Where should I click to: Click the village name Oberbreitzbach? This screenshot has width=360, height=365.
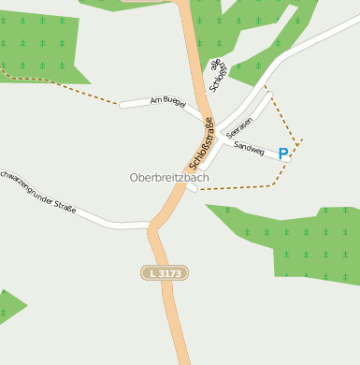pos(169,177)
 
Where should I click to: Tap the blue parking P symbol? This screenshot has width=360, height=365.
pos(283,153)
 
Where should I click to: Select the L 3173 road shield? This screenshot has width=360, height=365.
pos(166,272)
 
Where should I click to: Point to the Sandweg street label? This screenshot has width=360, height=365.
pos(249,148)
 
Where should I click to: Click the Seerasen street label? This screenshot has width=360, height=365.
pos(239,127)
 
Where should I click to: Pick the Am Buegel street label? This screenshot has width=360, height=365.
pos(167,101)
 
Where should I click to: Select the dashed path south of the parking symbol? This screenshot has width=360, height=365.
pos(243,187)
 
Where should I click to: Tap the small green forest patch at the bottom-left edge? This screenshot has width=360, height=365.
pos(9,307)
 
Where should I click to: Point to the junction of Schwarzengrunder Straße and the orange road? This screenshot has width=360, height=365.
pos(152,226)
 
